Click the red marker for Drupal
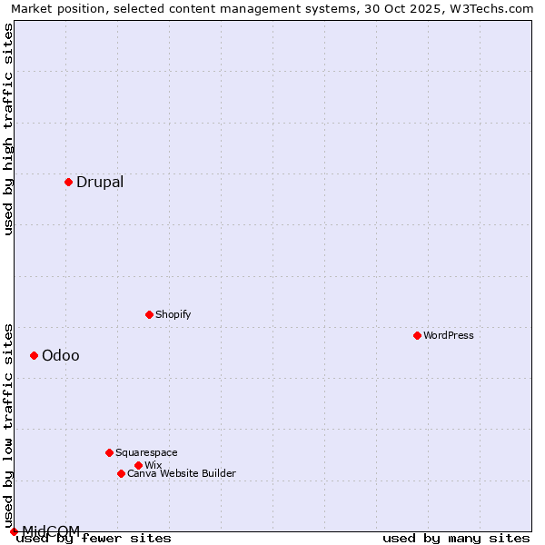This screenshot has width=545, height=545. [68, 182]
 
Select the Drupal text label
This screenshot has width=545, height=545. [100, 182]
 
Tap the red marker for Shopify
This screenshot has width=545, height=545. [149, 314]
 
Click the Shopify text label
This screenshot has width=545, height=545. [173, 314]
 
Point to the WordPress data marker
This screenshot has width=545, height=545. [417, 335]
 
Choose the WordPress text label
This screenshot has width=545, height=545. [449, 335]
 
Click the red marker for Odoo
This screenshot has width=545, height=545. [34, 355]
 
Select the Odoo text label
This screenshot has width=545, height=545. [61, 355]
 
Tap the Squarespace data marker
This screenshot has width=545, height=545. [109, 452]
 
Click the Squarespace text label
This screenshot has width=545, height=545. [146, 452]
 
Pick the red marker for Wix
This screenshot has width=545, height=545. [138, 465]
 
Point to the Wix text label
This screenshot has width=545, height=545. [153, 465]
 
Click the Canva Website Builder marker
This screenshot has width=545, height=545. [121, 473]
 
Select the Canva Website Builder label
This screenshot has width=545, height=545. [182, 473]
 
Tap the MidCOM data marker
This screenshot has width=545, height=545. [14, 531]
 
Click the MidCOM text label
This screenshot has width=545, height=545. [51, 530]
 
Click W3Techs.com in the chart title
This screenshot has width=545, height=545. [494, 8]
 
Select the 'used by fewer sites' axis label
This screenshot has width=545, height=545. [94, 538]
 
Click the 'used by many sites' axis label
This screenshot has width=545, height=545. [456, 538]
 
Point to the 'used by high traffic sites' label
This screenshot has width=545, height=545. [8, 129]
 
